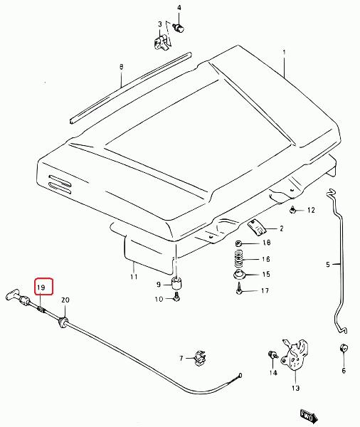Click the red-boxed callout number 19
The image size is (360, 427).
pos(41,288)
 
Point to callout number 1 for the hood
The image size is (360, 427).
pos(284,52)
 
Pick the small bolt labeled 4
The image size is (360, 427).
pos(179,28)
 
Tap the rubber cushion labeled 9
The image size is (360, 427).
pos(176,284)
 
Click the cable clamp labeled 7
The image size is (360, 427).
pos(200,358)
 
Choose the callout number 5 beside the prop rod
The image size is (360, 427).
pos(328,265)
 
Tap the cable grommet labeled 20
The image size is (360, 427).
pos(63,321)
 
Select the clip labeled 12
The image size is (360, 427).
pos(292,210)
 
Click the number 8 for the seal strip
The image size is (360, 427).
pos(121,67)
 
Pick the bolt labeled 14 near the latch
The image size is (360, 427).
pos(272,355)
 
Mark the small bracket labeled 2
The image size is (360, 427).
pos(256,228)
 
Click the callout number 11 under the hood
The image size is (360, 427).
pos(134,277)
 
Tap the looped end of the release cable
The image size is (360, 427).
pos(239,376)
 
